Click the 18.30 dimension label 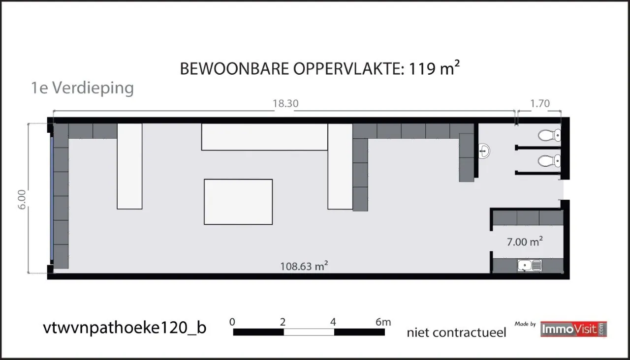click(x=285, y=104)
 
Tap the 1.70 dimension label click(x=540, y=104)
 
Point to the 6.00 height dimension click(x=22, y=199)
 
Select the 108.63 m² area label click(x=304, y=266)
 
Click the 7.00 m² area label click(x=525, y=241)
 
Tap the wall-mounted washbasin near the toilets click(x=484, y=151)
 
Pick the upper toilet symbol click(x=549, y=135)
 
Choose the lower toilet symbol click(x=549, y=161)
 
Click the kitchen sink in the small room click(x=530, y=266)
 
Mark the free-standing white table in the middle click(x=238, y=202)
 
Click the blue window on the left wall click(x=52, y=198)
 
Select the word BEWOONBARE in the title click(x=234, y=69)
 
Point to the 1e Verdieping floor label click(x=82, y=88)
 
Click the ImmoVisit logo click(x=573, y=329)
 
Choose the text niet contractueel click(x=456, y=332)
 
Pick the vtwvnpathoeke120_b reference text click(x=125, y=328)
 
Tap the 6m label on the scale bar click(x=383, y=322)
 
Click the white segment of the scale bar click(x=309, y=332)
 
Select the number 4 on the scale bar click(x=333, y=322)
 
